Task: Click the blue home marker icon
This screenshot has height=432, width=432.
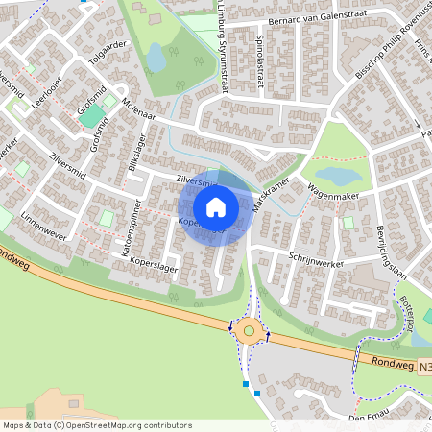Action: (x=216, y=206)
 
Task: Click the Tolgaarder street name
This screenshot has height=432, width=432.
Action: (x=108, y=57)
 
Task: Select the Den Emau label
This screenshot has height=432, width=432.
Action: (x=369, y=418)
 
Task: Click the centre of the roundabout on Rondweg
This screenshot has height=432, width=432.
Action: (x=249, y=331)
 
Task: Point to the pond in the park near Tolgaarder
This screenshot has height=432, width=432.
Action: (x=156, y=58)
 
